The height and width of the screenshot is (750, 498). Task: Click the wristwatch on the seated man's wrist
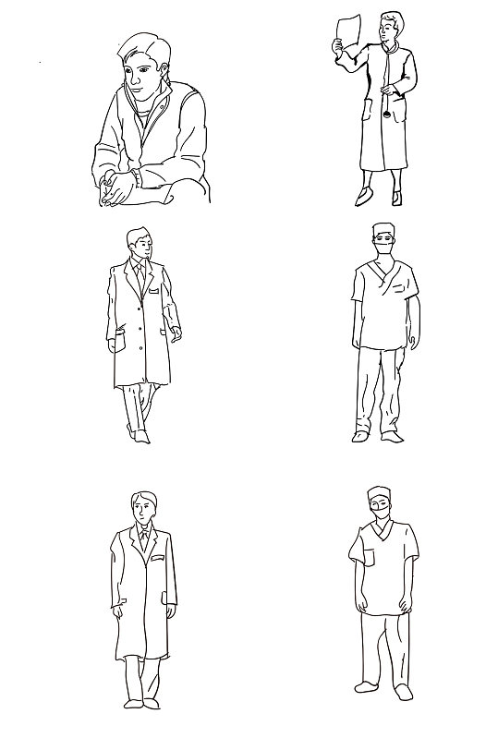pyautogui.click(x=135, y=176)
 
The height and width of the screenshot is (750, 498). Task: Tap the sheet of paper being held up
pyautogui.click(x=347, y=31)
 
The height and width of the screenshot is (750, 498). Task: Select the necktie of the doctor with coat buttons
pyautogui.click(x=139, y=274)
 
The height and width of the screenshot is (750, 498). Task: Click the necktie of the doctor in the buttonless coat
pyautogui.click(x=142, y=538)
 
